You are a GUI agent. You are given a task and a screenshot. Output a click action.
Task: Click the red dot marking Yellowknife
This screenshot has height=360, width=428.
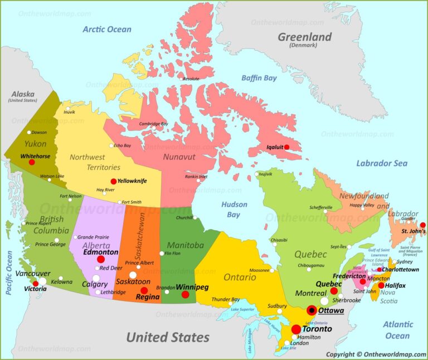click(x=114, y=181)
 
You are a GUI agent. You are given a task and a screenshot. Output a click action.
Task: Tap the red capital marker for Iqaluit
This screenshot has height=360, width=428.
click(x=287, y=147)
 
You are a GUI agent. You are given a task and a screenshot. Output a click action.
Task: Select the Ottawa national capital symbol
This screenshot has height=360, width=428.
click(x=312, y=310)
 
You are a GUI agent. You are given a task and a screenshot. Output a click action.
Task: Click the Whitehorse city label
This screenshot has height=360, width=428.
click(x=36, y=157)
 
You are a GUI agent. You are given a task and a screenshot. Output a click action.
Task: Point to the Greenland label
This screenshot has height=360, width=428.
click(x=305, y=37)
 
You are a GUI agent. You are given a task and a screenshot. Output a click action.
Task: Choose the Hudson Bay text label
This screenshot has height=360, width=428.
click(x=234, y=210)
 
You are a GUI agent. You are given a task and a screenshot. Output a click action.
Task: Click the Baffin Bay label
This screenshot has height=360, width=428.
click(x=259, y=78)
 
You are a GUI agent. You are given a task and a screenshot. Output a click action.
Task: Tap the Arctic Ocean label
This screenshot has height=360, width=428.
click(x=107, y=30)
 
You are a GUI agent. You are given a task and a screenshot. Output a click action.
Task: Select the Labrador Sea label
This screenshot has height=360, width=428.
click(x=382, y=163)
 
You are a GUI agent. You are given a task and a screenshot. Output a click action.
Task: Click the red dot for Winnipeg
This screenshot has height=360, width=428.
click(x=185, y=294)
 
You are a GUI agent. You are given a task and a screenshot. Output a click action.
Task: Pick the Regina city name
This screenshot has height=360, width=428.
click(x=148, y=297)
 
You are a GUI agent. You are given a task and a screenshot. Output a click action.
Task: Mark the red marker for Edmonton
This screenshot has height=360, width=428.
click(x=101, y=259)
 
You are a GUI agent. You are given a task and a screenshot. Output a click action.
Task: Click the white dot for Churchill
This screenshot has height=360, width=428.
click(x=194, y=217)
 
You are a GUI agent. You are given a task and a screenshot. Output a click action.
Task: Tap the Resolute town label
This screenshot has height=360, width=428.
click(x=191, y=79)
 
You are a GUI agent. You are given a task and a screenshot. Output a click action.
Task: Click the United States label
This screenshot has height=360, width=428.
click(x=167, y=337)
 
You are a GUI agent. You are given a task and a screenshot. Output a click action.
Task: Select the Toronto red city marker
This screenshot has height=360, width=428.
click(x=296, y=329)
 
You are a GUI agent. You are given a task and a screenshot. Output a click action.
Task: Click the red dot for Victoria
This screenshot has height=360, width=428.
click(x=36, y=284)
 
